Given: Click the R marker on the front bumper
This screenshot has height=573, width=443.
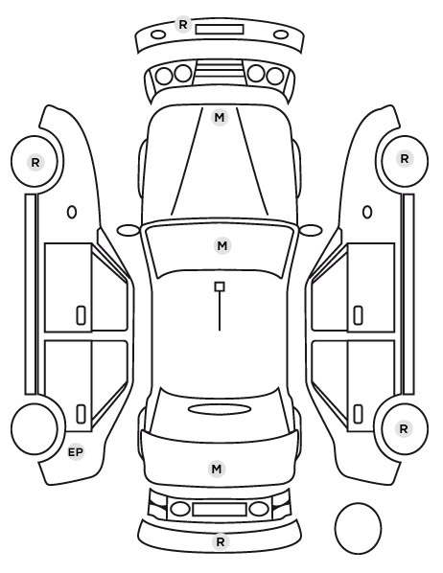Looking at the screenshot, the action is [x=182, y=25].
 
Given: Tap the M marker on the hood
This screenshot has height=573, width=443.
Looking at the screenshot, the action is [x=220, y=118].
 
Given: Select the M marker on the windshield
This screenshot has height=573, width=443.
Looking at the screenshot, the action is [x=222, y=245].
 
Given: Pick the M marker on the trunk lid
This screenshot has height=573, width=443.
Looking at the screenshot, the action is [x=216, y=469].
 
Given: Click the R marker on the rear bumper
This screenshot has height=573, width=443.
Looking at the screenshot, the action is [x=221, y=542].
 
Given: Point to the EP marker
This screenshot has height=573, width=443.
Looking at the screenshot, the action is [x=76, y=452].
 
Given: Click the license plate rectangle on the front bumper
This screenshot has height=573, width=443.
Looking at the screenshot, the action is [x=220, y=30].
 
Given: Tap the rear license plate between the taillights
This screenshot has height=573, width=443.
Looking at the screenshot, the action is [x=220, y=509].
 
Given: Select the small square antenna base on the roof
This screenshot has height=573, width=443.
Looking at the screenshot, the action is [x=220, y=286].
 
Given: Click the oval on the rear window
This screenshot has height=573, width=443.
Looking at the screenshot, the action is [x=220, y=409].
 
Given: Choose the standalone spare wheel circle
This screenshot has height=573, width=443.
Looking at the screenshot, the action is [x=358, y=528].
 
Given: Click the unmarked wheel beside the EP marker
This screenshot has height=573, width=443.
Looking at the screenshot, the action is [x=34, y=428].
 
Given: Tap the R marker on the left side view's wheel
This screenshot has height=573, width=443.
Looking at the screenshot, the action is [x=35, y=162].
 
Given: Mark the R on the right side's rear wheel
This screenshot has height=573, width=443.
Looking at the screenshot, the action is [x=404, y=428].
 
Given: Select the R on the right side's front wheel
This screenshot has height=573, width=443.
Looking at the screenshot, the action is [x=405, y=159].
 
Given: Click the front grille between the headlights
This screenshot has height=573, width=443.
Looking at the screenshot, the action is [x=220, y=73].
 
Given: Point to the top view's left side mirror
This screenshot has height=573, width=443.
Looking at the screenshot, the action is [x=128, y=230].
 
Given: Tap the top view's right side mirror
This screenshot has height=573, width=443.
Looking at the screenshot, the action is [x=311, y=230].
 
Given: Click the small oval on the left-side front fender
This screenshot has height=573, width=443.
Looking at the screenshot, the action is [x=72, y=213].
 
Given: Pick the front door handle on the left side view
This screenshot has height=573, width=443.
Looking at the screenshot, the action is [x=81, y=315].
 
